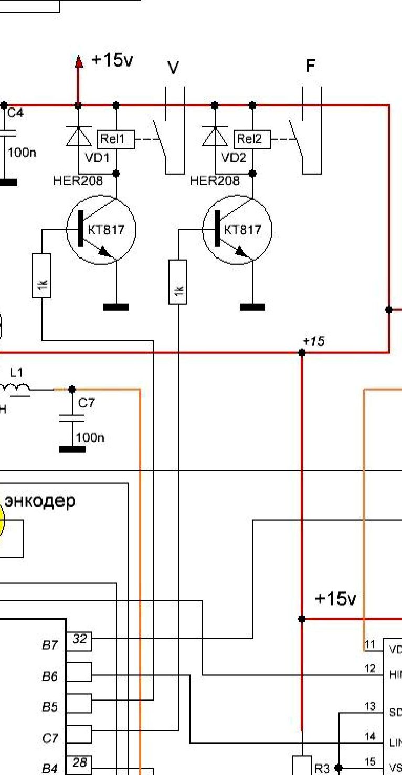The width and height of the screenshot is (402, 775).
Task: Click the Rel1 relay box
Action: (116, 139)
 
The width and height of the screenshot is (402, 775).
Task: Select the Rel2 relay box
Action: (252, 139)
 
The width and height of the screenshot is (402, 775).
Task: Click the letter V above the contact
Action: (173, 68)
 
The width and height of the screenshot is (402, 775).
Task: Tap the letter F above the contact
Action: (311, 66)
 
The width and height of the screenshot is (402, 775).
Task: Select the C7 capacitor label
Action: (87, 403)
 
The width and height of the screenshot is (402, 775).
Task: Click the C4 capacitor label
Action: (15, 113)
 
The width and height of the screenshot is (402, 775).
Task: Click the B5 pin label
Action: (49, 707)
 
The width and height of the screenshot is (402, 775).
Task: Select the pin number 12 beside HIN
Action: (370, 669)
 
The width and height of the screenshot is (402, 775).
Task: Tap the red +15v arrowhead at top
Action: (79, 62)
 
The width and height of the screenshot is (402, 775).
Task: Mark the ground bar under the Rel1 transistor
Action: (116, 307)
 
